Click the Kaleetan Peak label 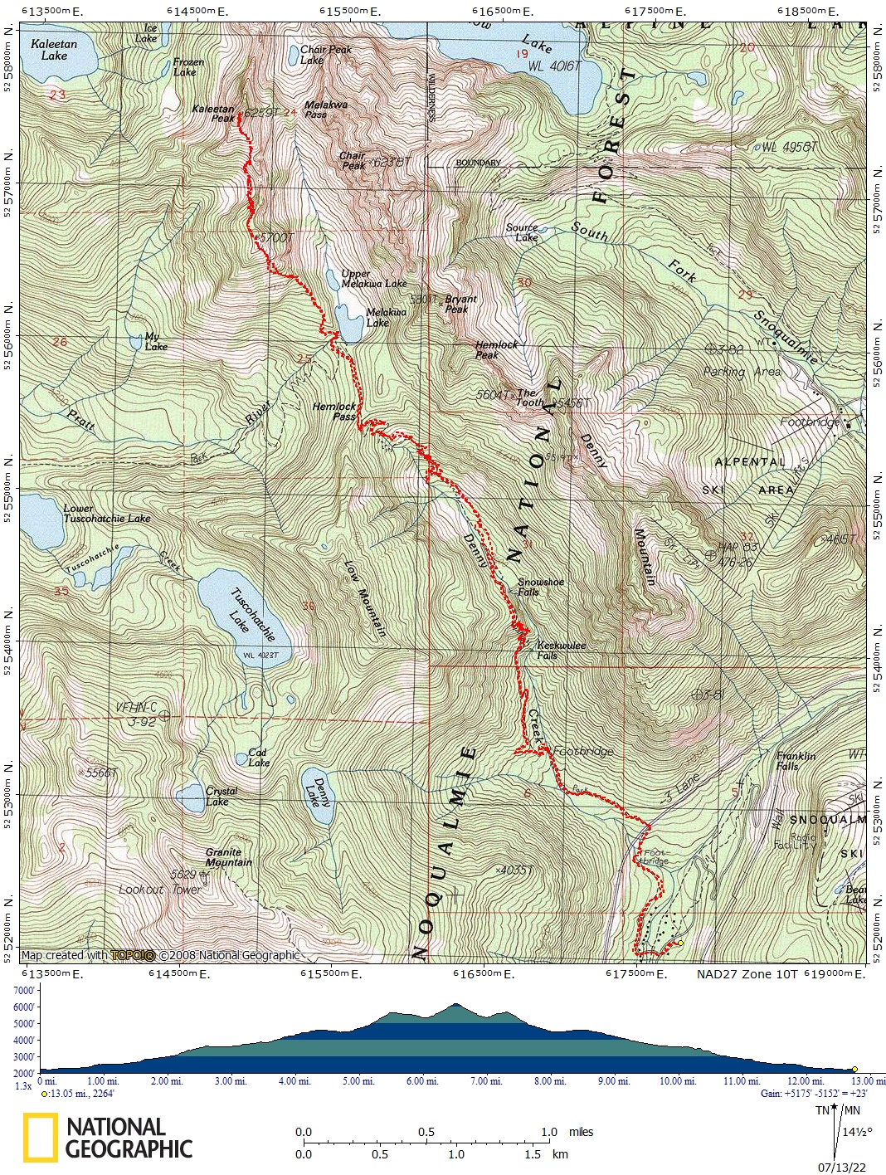[x=212, y=114]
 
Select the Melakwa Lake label [x=386, y=318]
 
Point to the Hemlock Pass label [x=334, y=412]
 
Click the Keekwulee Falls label [x=561, y=650]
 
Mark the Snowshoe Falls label [x=540, y=587]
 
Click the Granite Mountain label [x=228, y=857]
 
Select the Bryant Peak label [x=460, y=304]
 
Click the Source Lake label [x=522, y=232]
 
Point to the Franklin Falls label [x=796, y=761]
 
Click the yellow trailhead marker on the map [x=680, y=943]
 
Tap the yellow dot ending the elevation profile [x=854, y=1070]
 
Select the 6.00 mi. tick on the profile [x=421, y=1081]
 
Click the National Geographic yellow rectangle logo [x=40, y=1137]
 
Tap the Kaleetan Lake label [x=54, y=50]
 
